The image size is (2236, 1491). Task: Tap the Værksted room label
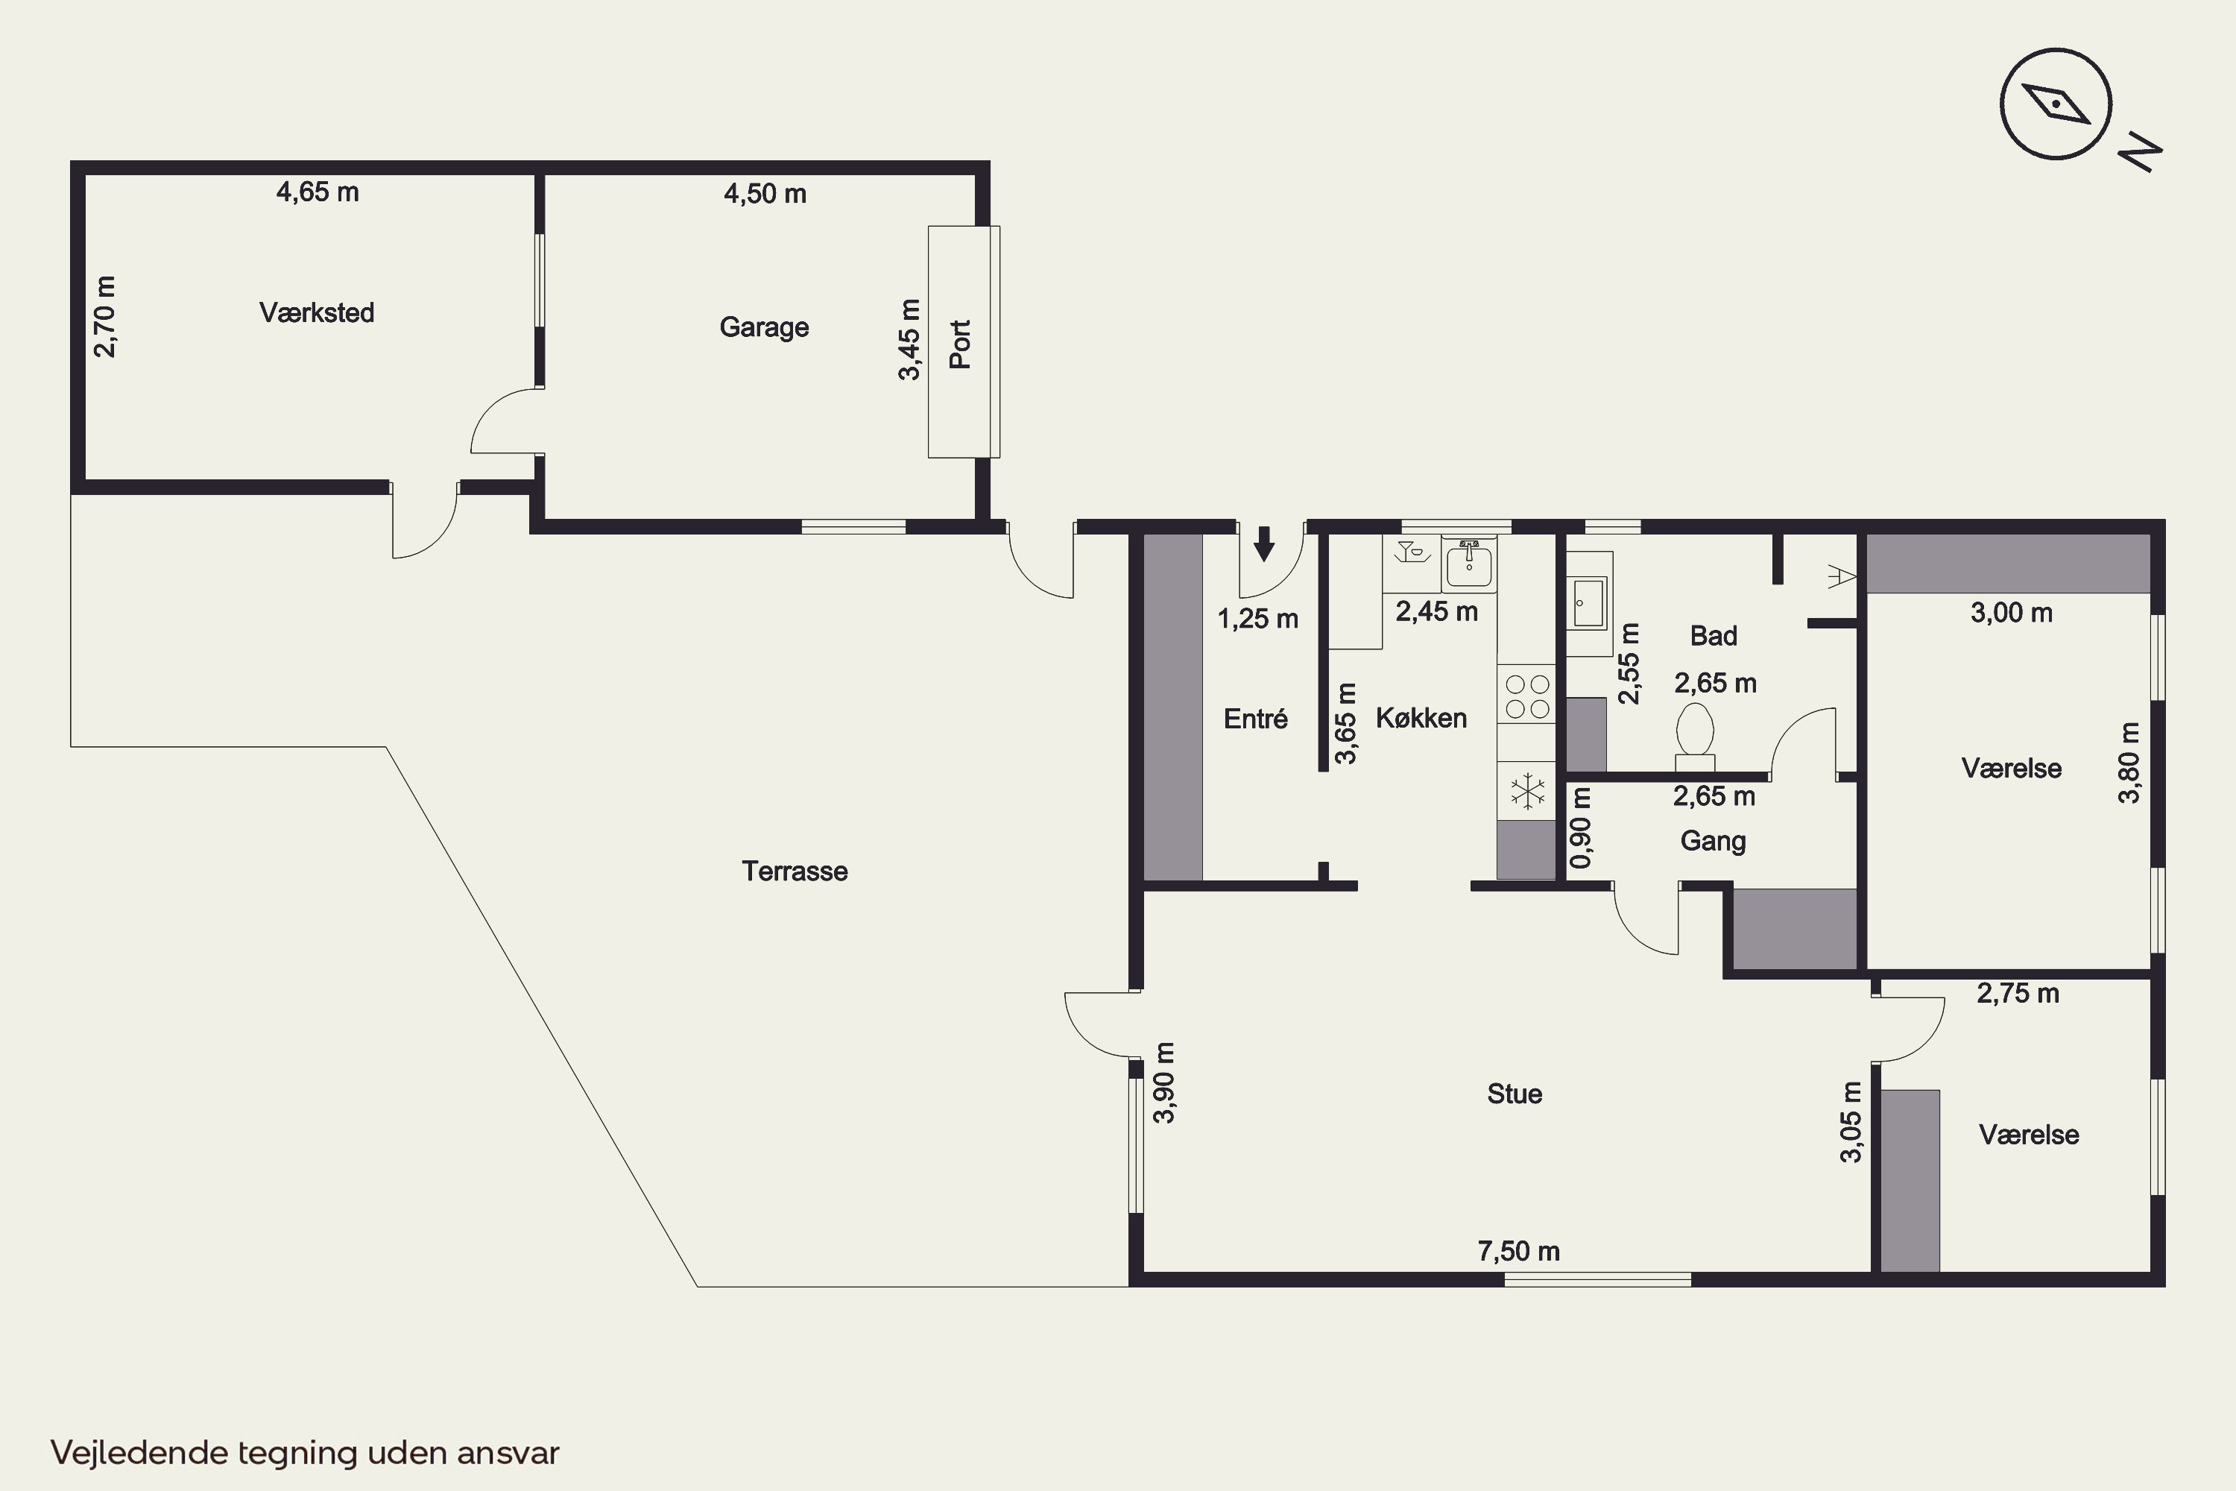tap(317, 313)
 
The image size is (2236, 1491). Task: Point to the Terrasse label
tap(795, 871)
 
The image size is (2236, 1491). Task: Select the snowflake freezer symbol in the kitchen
tap(1526, 791)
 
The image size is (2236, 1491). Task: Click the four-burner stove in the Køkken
tap(1526, 696)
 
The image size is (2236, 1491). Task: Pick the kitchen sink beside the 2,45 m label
tap(1469, 564)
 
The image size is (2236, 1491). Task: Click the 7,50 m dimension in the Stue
tap(1518, 1252)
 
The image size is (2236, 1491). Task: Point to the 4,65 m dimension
tap(318, 192)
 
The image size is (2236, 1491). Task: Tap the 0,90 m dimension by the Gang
tap(1580, 829)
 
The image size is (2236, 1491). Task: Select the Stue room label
tap(1515, 1094)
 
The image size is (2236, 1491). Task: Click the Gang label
tap(1713, 841)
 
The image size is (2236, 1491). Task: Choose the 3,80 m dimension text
tap(2129, 763)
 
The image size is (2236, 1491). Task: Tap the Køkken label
tap(1421, 718)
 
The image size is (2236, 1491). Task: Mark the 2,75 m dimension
tap(2018, 994)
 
